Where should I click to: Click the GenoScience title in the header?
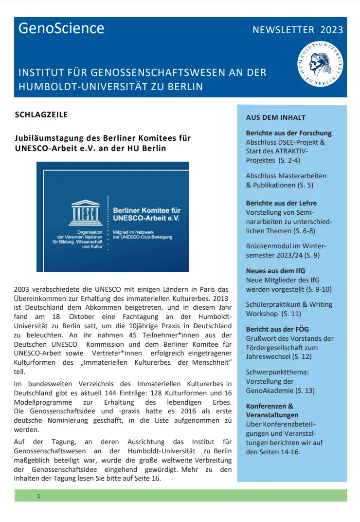61,29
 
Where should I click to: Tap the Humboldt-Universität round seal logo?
320,65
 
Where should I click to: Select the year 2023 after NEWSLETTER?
332,30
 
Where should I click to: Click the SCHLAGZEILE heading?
41,115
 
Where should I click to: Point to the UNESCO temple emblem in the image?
85,210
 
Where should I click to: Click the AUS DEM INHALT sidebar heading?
275,117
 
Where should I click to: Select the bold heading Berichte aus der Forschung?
288,133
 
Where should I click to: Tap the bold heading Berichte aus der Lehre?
281,203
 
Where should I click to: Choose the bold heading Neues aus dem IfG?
275,271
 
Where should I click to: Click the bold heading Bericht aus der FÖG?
277,329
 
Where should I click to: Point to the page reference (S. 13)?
303,391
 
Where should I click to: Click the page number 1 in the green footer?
38,496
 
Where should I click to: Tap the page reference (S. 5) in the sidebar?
304,185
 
